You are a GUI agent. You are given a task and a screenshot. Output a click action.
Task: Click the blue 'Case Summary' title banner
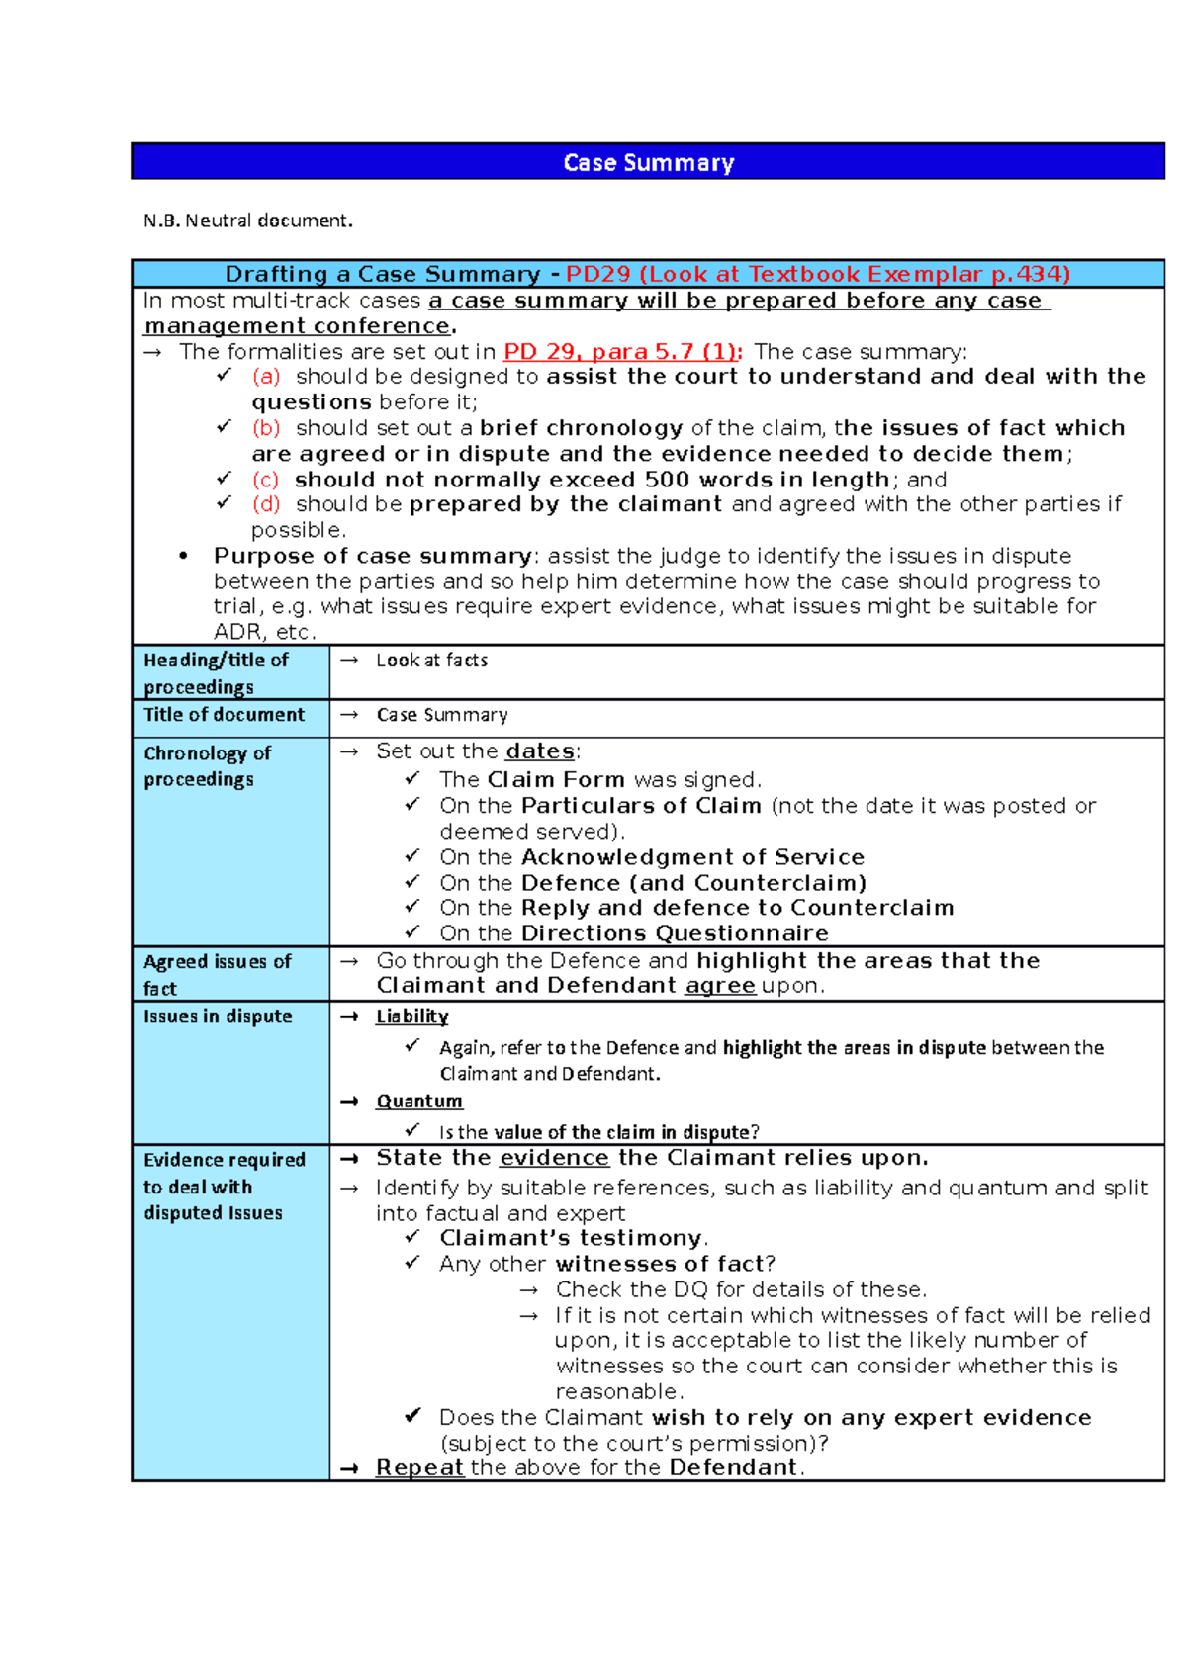[x=648, y=162]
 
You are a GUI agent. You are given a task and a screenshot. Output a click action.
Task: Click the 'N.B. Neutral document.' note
[x=247, y=221]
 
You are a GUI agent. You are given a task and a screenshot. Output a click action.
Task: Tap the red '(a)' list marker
[x=266, y=377]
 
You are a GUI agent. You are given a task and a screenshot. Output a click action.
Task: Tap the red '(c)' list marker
[x=265, y=480]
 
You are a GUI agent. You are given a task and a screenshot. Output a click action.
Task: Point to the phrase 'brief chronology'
[x=581, y=428]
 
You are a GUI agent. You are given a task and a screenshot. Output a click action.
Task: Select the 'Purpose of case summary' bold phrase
[x=373, y=556]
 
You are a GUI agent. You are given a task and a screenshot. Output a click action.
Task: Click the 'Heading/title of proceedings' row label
[x=216, y=672]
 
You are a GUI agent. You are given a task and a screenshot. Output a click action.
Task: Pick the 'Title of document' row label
[x=224, y=715]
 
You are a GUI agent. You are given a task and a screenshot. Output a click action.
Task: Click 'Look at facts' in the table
[x=431, y=661]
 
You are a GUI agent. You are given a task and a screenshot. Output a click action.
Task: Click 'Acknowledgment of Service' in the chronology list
[x=692, y=857]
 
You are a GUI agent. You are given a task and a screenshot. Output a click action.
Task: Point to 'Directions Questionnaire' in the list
[x=675, y=933]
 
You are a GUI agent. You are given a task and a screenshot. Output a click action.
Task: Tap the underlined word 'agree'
[x=719, y=986]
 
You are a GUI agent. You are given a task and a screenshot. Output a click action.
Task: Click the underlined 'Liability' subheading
[x=411, y=1016]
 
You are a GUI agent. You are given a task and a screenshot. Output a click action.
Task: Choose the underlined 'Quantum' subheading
[x=418, y=1102]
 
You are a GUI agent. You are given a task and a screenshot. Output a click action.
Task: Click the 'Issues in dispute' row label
[x=218, y=1016]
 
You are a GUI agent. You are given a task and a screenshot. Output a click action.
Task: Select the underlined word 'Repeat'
[x=419, y=1468]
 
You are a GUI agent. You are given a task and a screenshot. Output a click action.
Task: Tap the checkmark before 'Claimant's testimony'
[x=412, y=1237]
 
